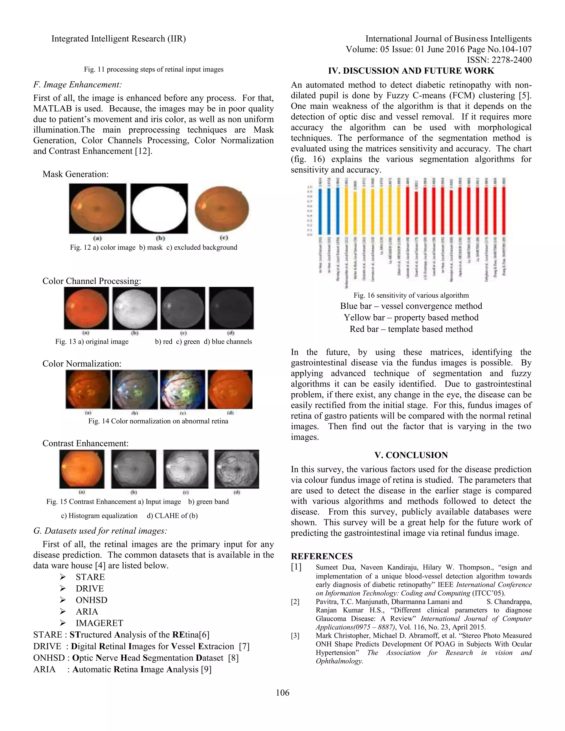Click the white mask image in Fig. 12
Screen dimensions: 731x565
tap(159, 208)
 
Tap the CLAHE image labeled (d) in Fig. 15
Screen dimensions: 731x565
tap(237, 469)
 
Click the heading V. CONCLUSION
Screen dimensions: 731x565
tap(411, 455)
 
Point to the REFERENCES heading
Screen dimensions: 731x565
tap(322, 556)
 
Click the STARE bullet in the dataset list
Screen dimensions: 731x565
tap(90, 577)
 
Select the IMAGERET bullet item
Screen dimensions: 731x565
tap(99, 623)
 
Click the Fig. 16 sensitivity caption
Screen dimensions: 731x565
tap(411, 295)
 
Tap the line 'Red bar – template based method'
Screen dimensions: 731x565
tap(411, 329)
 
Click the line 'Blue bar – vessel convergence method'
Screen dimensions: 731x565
tap(411, 306)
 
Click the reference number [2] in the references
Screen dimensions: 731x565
tap(295, 602)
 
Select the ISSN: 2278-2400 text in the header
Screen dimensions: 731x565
tap(499, 60)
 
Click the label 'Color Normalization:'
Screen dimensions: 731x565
tap(82, 364)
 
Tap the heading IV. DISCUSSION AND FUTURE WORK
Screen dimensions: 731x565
tap(411, 71)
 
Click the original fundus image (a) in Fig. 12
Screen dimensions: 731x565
tap(97, 208)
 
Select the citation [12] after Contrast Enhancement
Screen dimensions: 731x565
tap(143, 151)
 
